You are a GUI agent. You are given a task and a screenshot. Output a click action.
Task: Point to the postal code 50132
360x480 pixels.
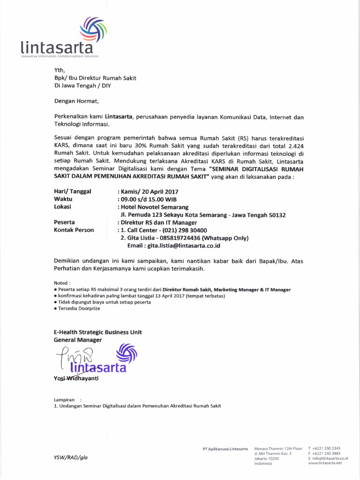(276, 215)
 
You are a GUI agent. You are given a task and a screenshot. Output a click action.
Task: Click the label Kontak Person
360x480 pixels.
(74, 230)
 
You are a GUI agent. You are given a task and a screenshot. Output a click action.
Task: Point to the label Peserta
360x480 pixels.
(65, 222)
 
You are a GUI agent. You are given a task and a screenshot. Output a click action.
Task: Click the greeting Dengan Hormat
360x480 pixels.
(76, 101)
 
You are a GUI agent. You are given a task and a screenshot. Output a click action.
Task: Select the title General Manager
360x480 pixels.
(78, 339)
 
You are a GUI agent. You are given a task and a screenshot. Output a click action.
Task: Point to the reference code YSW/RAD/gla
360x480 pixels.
(71, 457)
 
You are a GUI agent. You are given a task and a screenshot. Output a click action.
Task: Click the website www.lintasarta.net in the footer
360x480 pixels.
(325, 463)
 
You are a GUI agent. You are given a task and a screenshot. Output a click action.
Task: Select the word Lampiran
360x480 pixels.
(64, 399)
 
